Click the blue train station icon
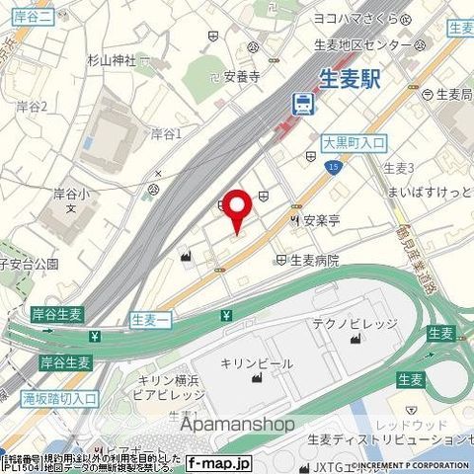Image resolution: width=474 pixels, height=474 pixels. [299, 101]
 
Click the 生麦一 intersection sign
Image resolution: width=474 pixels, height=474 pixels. [150, 318]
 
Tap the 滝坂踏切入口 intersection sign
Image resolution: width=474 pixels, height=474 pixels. [59, 398]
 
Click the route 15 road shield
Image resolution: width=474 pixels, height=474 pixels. [335, 169]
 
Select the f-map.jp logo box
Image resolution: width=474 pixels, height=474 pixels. [219, 461]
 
